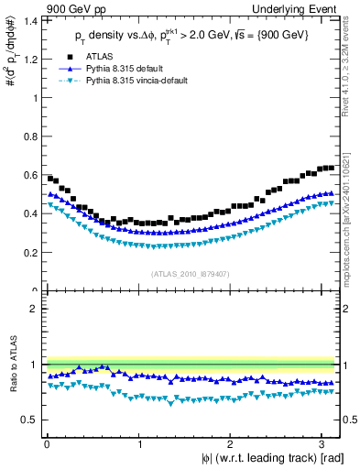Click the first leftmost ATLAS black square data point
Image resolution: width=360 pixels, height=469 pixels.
coord(49,178)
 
